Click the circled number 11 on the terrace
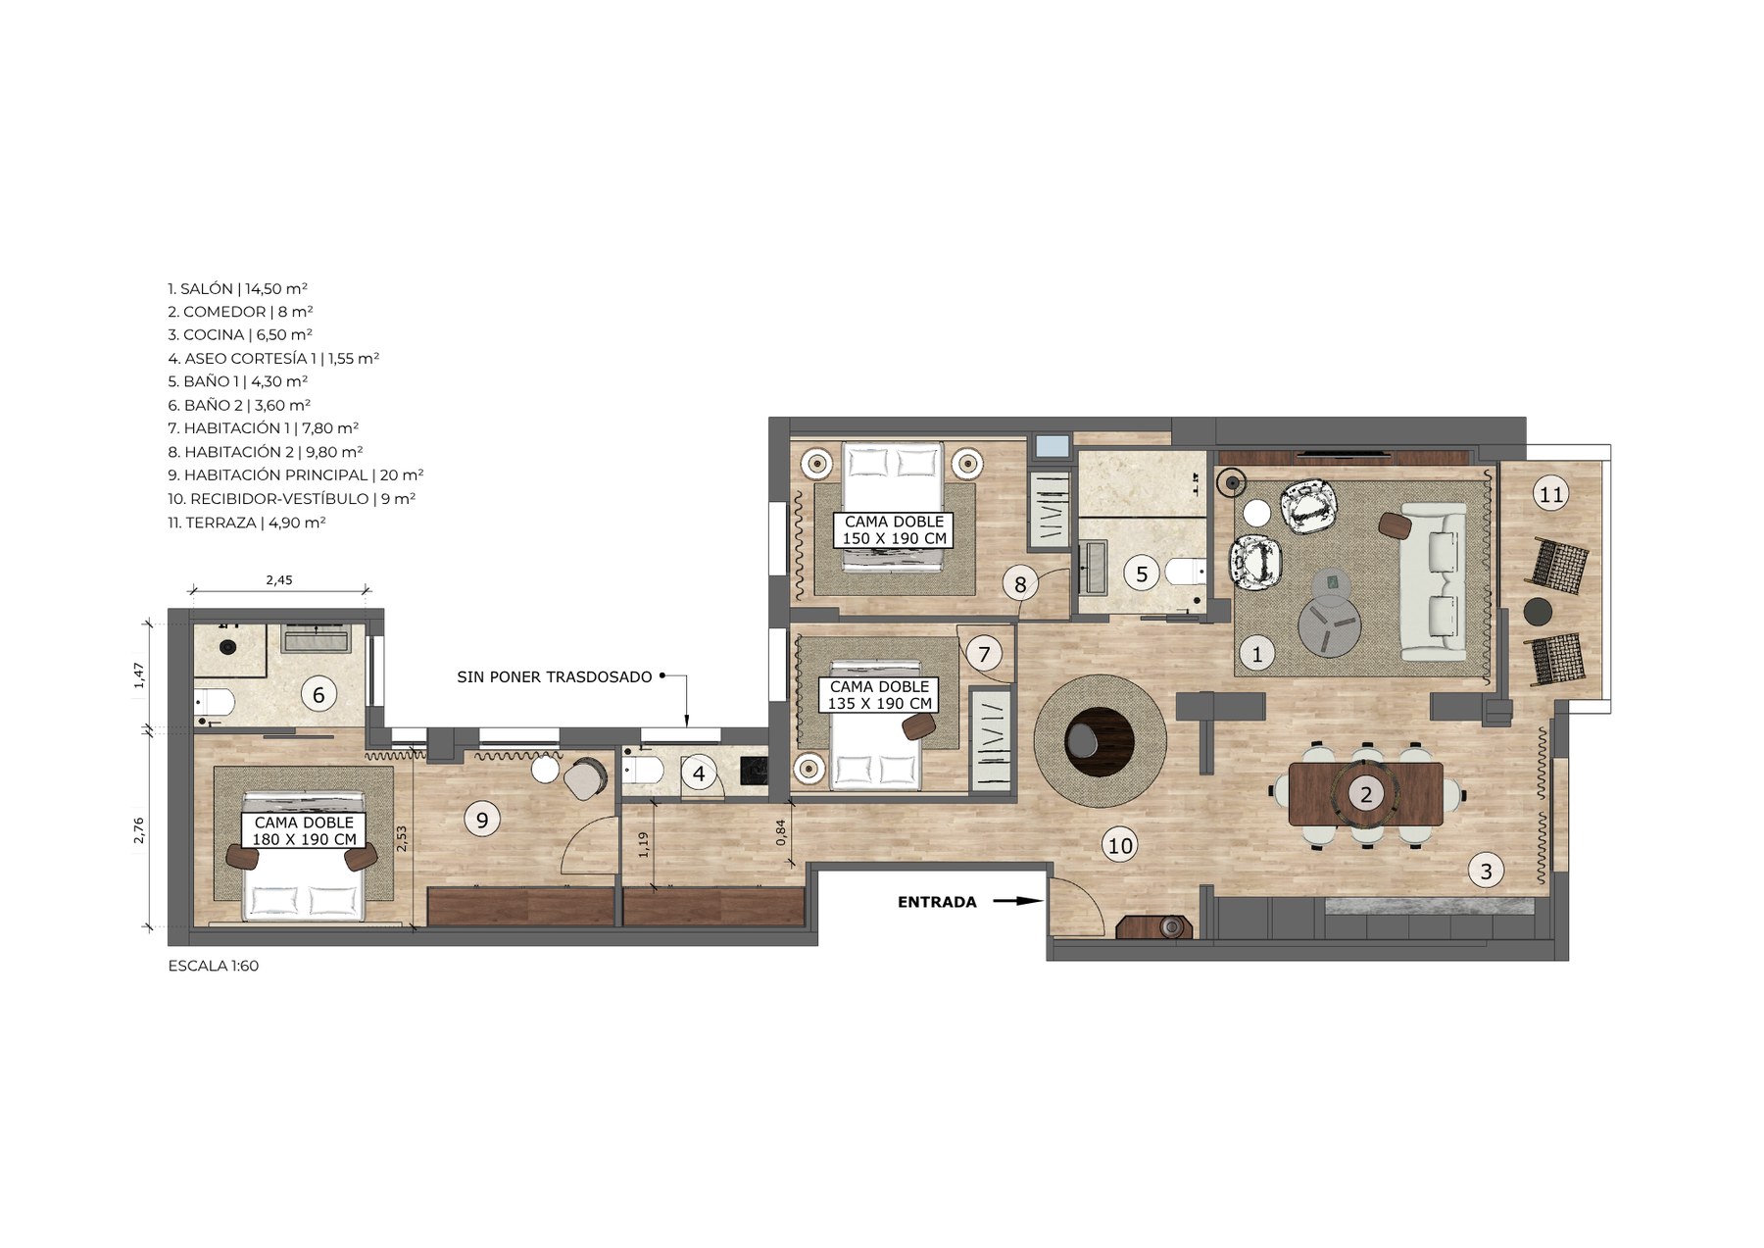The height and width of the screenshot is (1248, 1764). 1551,494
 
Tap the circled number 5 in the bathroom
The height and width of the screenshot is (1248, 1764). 1142,574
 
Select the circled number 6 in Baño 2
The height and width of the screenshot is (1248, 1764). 318,695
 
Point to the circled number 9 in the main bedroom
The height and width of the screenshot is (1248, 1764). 481,819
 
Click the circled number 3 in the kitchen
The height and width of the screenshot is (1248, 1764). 1486,871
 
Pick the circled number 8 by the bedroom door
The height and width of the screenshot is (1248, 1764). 1020,585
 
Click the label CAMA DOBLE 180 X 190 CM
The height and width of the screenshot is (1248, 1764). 304,831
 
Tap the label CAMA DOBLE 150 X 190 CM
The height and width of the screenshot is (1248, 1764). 895,530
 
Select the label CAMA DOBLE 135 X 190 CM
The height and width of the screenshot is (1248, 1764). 880,695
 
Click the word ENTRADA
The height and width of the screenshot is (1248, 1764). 937,902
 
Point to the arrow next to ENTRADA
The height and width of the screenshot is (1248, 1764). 1018,901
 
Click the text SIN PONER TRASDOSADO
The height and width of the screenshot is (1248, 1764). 555,677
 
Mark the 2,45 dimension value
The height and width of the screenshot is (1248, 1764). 279,579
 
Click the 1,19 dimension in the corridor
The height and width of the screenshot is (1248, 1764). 643,845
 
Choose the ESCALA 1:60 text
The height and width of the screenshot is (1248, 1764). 214,966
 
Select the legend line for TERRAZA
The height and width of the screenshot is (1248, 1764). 247,523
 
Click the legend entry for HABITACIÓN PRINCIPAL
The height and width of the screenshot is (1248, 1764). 296,475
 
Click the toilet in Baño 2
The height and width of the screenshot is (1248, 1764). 215,702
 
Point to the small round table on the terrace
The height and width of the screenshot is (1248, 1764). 1539,612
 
